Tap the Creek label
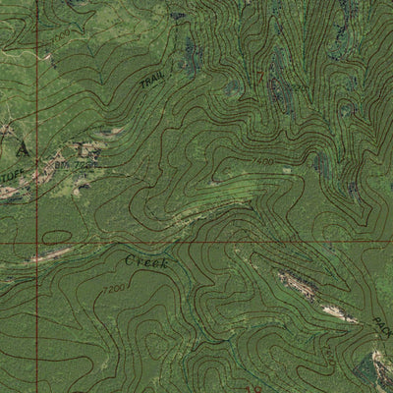tap(146, 262)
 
